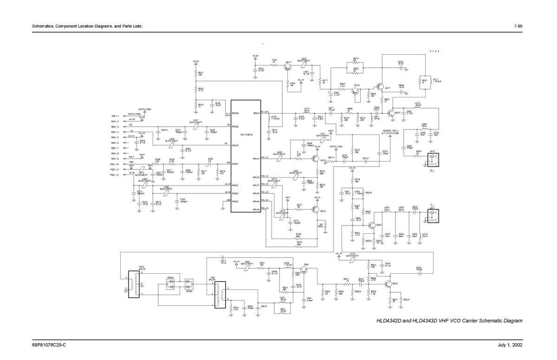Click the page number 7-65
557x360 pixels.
[518, 26]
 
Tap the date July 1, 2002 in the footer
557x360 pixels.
[512, 346]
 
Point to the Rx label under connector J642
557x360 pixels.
[432, 171]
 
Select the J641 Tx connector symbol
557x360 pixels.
[433, 215]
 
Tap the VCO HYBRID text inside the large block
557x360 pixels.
[246, 135]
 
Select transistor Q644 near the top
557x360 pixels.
[289, 67]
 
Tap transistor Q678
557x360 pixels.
[356, 91]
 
